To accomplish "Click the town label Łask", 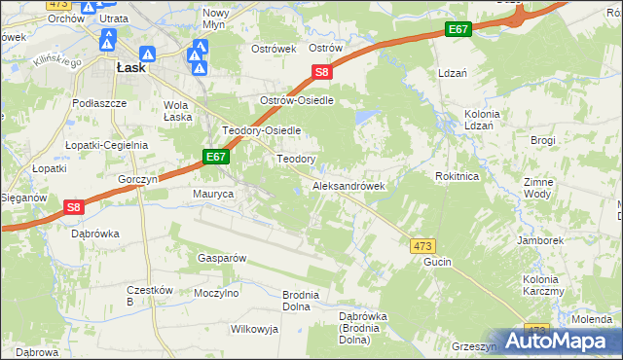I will (x=130, y=68).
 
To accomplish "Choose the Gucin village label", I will (x=439, y=264).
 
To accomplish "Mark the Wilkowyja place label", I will (x=254, y=329).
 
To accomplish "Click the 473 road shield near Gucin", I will (x=422, y=247).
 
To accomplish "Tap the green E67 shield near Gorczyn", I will (x=216, y=156).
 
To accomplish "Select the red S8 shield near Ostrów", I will (x=323, y=71).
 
